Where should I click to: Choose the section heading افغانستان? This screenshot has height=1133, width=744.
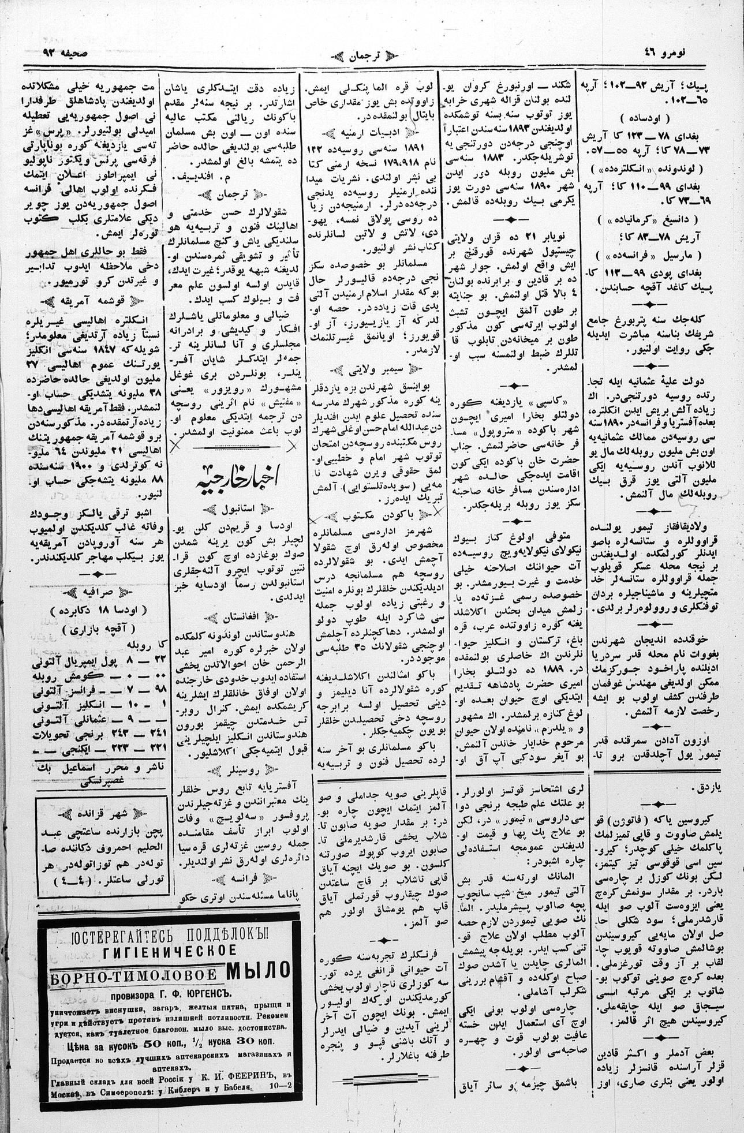click(x=237, y=616)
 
